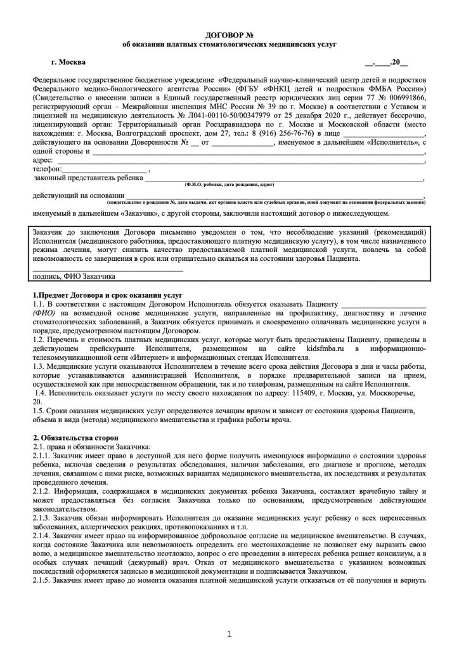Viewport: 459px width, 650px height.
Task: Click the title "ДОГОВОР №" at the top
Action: [229, 32]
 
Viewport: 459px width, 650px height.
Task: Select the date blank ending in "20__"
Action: [386, 62]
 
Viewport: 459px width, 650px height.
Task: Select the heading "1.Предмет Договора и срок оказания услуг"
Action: [107, 296]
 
